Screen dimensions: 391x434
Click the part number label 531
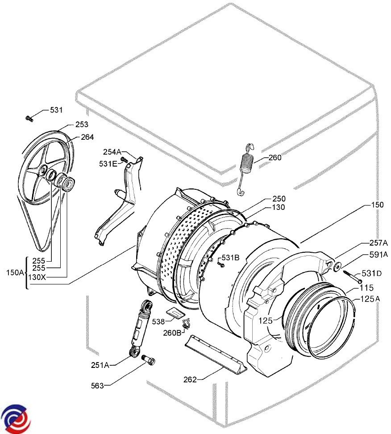56,110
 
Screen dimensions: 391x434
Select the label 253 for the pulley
82,125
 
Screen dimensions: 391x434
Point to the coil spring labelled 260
246,169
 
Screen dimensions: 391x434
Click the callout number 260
275,158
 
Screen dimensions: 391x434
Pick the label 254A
112,152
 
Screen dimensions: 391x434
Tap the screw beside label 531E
124,160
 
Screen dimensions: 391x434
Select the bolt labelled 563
149,360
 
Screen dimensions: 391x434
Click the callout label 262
190,380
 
